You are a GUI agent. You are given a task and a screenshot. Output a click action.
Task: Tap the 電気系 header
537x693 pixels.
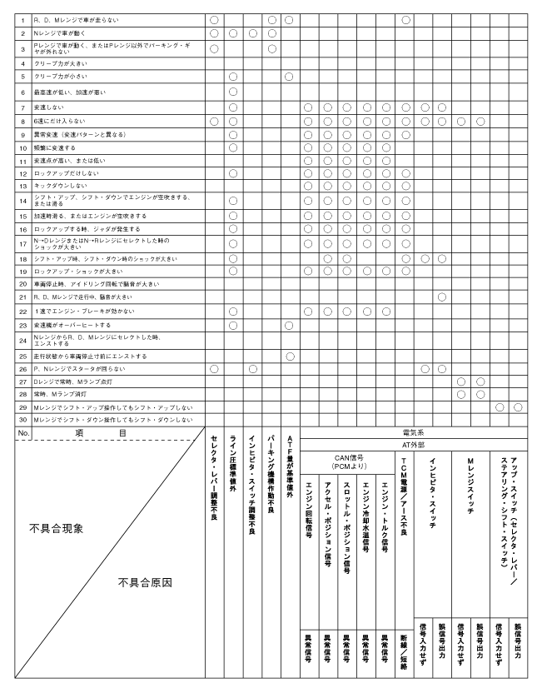[x=413, y=433]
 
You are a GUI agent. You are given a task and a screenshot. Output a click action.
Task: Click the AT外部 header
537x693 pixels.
[x=413, y=444]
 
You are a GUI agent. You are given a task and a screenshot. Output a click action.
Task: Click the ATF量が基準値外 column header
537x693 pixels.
[x=288, y=471]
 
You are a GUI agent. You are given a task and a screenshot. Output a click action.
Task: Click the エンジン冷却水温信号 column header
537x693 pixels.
[x=365, y=516]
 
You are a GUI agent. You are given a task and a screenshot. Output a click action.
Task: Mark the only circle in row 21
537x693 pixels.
[x=441, y=297]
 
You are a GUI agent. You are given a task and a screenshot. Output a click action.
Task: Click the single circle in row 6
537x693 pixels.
[x=233, y=91]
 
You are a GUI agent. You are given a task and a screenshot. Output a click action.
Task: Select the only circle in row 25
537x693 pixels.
[x=289, y=356]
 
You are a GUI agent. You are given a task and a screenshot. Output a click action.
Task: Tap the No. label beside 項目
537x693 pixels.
[x=24, y=433]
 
